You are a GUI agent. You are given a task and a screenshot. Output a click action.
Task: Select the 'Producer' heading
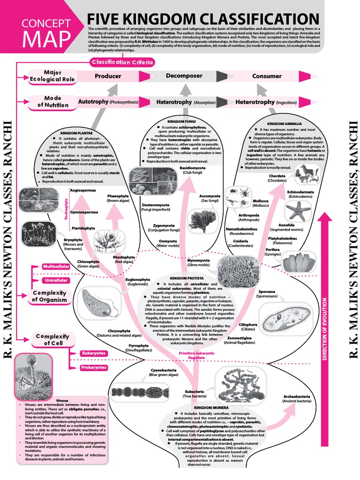tap(108, 76)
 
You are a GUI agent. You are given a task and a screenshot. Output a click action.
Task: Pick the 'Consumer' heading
tap(267, 76)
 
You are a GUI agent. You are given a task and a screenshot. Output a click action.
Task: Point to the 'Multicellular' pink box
tap(56, 266)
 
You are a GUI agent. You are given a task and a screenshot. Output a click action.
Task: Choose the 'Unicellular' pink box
tap(56, 280)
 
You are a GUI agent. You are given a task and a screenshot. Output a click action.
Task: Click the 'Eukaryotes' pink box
tap(94, 353)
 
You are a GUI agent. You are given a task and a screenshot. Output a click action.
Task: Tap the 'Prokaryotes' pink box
tap(94, 367)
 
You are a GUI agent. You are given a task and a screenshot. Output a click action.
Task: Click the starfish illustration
tap(298, 210)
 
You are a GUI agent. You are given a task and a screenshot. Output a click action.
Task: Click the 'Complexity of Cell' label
tap(52, 340)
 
